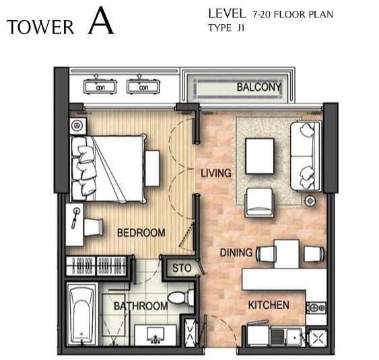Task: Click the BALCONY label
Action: click(259, 87)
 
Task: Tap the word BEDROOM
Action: click(141, 233)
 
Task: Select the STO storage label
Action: click(182, 268)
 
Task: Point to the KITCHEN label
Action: click(269, 305)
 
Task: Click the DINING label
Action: click(236, 253)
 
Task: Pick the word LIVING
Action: click(216, 173)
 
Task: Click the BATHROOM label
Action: click(141, 306)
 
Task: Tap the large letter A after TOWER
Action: click(101, 21)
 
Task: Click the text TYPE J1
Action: click(226, 28)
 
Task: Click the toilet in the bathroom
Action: click(180, 297)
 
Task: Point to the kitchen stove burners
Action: click(316, 308)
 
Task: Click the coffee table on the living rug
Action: click(260, 156)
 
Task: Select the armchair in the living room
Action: click(260, 203)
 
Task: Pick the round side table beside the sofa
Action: click(310, 201)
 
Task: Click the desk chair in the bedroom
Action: click(94, 227)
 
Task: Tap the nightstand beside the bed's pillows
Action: click(78, 126)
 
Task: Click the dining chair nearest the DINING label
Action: click(267, 254)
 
